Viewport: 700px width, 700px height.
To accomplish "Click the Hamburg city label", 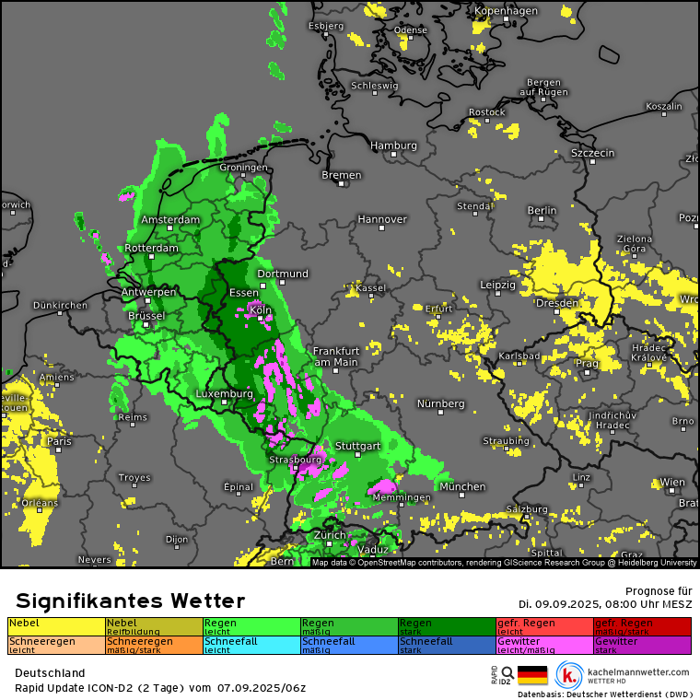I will [x=393, y=146].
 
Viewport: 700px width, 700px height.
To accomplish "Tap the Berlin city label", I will [x=542, y=211].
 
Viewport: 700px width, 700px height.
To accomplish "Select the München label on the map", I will [x=462, y=486].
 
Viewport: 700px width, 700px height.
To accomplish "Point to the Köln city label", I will [x=261, y=310].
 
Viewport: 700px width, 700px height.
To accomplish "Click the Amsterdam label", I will [x=170, y=220].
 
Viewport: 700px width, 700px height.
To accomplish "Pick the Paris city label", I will [x=59, y=442].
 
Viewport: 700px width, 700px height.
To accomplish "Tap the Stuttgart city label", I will [x=357, y=446].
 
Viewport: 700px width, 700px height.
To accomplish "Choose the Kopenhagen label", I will [x=506, y=11].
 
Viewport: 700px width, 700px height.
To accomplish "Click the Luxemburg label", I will [x=224, y=394].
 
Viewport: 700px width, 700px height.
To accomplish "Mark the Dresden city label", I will [x=557, y=303].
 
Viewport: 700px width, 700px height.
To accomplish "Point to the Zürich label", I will [x=329, y=535].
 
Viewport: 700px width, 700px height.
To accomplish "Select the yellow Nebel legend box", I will [x=56, y=626].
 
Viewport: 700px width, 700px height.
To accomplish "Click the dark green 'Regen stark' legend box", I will [x=447, y=626].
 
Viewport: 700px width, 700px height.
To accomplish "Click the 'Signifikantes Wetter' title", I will [x=130, y=601].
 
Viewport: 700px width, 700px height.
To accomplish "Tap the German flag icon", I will [x=532, y=675].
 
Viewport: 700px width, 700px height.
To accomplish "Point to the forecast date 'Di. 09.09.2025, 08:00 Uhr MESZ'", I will [x=604, y=604].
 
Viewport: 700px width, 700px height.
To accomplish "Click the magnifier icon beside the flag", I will [x=507, y=673].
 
